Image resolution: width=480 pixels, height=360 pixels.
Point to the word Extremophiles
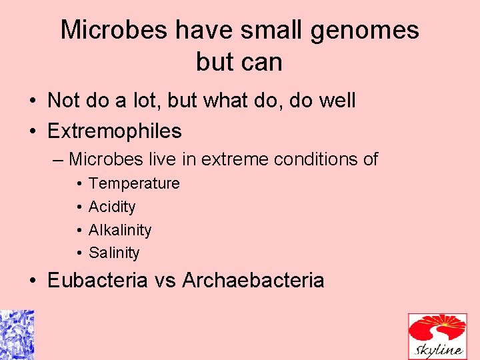(114, 131)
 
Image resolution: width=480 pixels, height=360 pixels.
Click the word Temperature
(134, 183)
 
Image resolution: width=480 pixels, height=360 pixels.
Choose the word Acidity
(112, 207)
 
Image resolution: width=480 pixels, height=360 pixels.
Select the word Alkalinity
(120, 230)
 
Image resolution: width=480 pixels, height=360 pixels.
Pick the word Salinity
(114, 253)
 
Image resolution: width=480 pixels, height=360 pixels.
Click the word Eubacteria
(97, 280)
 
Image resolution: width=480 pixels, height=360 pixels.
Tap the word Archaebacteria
(253, 280)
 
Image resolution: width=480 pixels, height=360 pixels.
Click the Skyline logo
(438, 337)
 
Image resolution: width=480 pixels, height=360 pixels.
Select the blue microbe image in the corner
(17, 335)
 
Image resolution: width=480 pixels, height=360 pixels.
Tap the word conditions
(313, 160)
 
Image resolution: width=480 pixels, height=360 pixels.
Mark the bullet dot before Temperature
(79, 183)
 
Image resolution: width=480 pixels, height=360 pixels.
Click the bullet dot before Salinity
(79, 253)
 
